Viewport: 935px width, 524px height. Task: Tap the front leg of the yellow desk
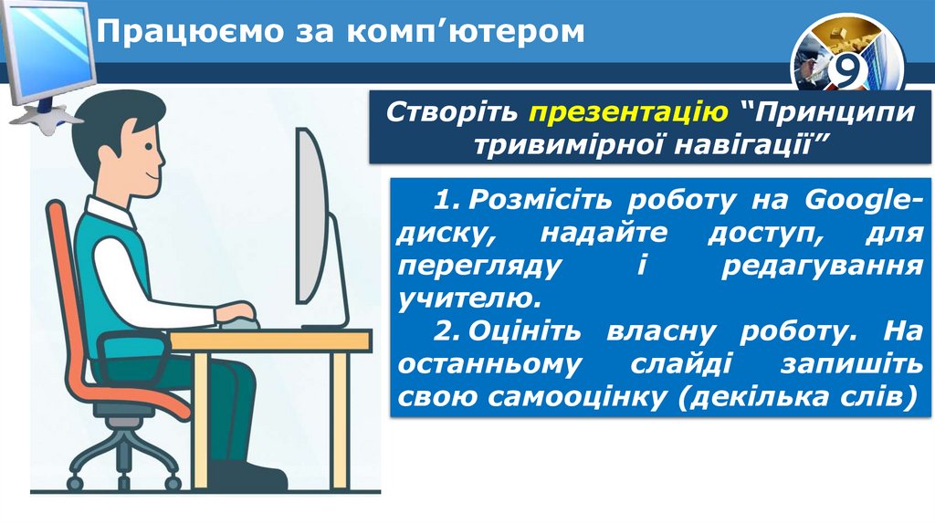339,421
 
